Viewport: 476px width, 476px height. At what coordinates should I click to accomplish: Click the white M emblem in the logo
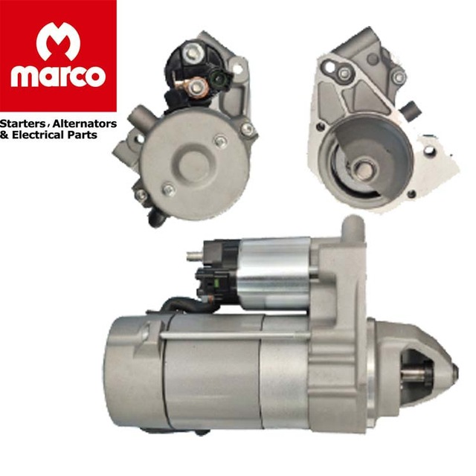(58, 41)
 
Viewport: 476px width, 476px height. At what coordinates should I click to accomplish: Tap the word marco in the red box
(58, 76)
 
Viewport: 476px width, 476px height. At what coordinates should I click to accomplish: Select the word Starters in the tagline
(23, 124)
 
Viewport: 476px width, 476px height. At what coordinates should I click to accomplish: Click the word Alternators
(85, 123)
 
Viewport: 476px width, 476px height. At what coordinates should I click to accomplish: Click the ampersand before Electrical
(4, 135)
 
